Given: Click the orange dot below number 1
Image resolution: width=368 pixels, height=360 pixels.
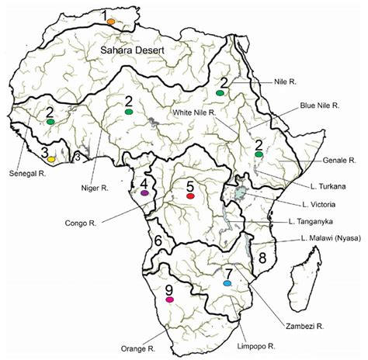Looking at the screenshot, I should coord(112,22).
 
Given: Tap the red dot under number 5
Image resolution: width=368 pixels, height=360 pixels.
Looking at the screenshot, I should coord(190,197).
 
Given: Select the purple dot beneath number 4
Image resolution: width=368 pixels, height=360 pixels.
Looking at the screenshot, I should coord(144,192).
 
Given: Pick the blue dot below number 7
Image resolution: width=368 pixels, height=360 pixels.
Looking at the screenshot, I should coord(227,284).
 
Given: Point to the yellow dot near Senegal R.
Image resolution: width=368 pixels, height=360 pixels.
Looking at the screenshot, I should coord(51,158).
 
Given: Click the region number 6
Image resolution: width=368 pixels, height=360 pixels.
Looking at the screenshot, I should coord(158,242).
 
